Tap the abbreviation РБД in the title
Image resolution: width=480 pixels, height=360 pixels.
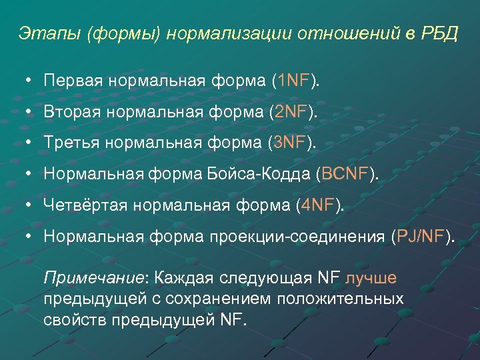tap(440, 34)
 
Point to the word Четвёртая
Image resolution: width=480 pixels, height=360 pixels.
tap(85, 205)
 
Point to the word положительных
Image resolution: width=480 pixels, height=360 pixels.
tap(340, 298)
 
